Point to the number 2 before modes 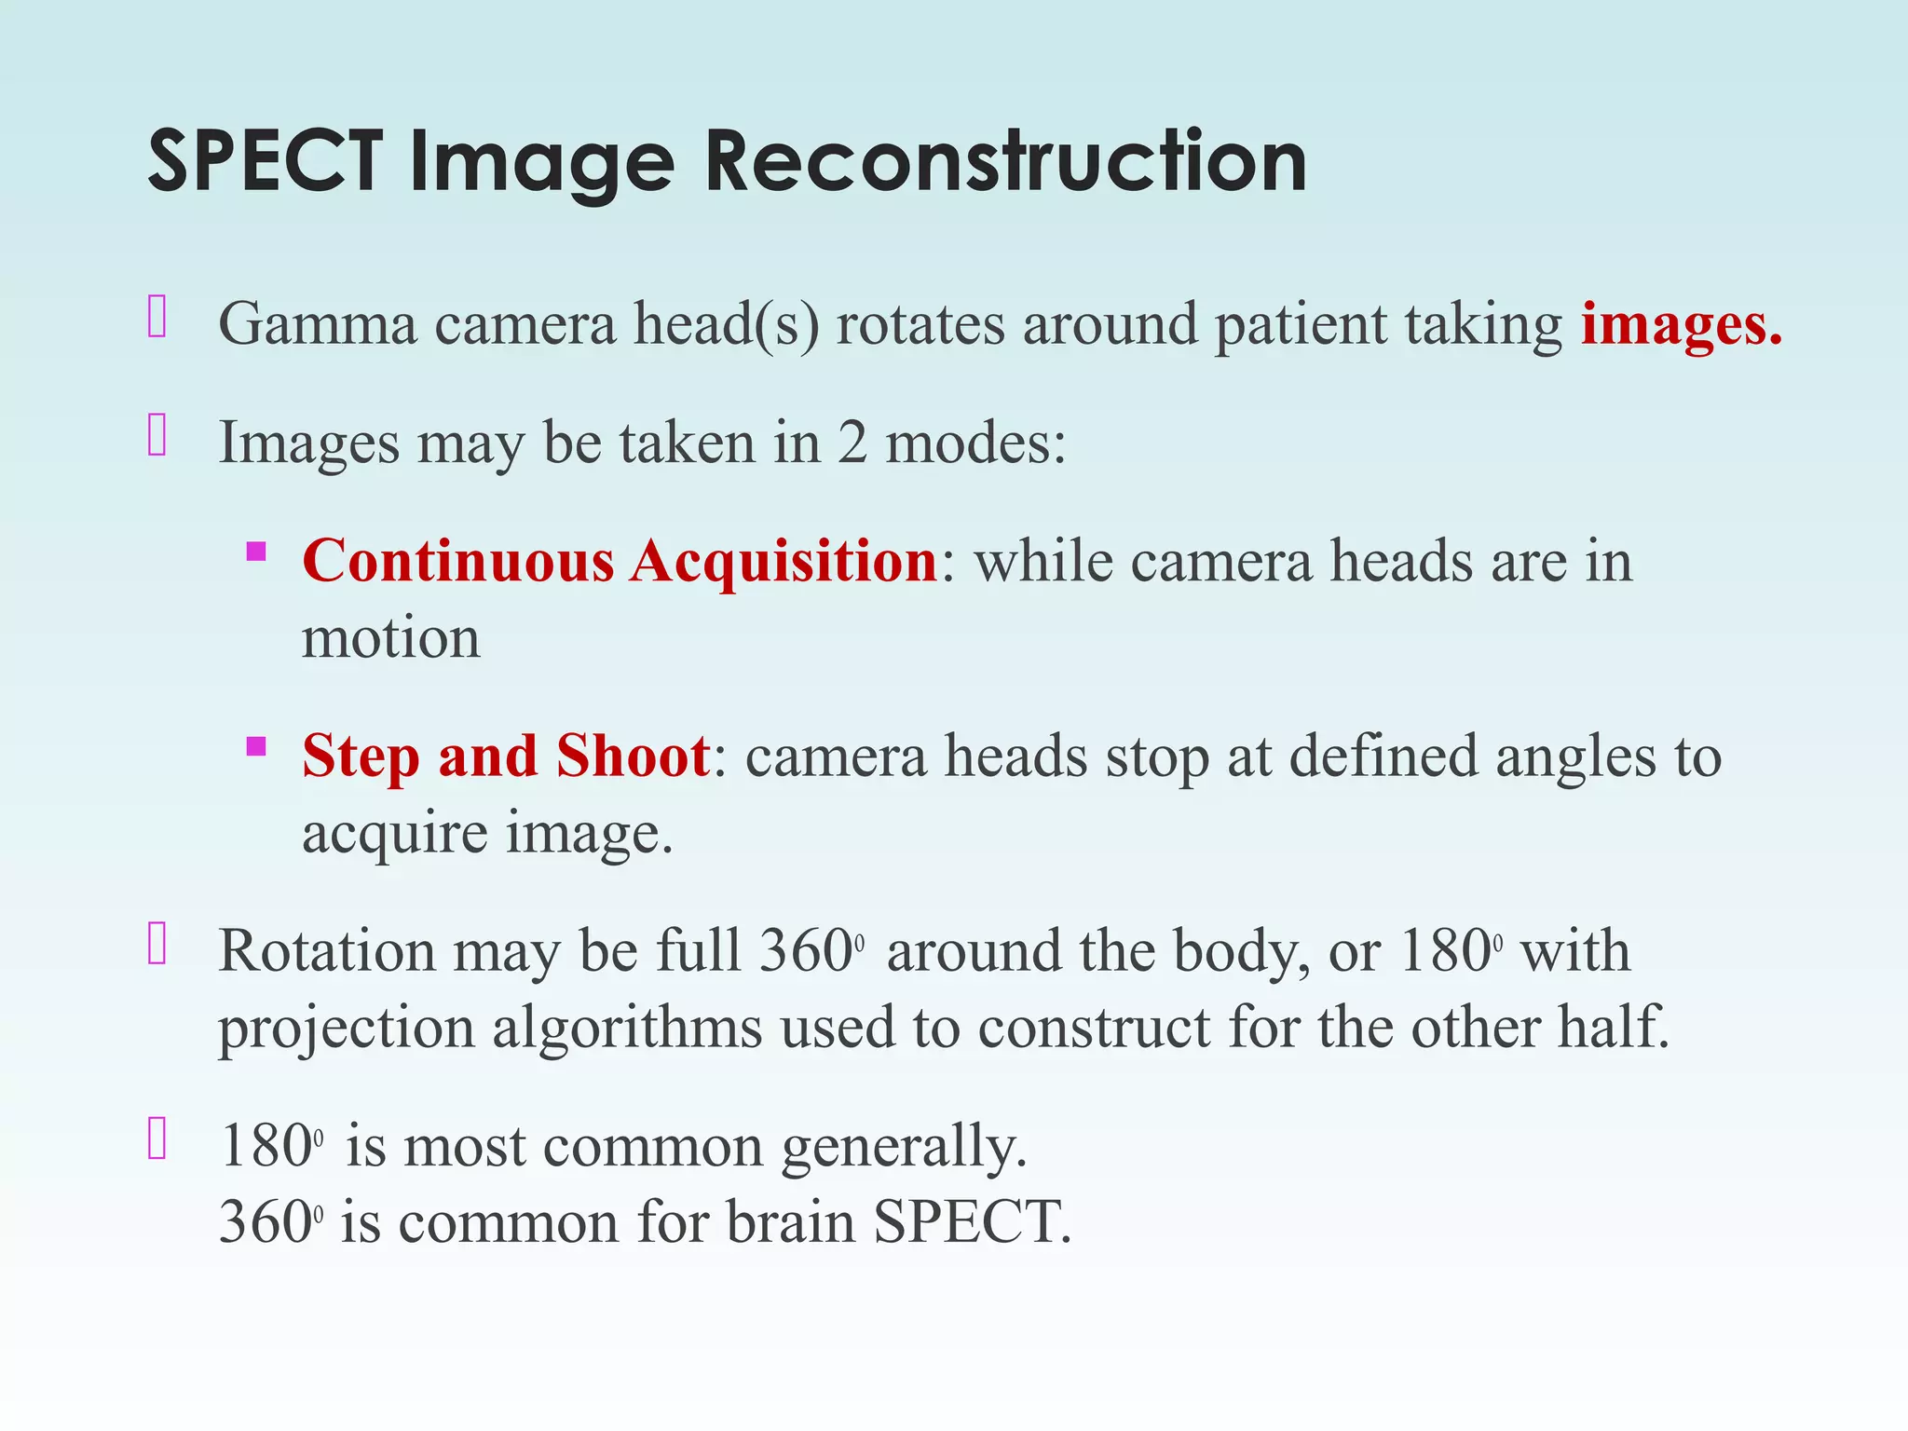[852, 443]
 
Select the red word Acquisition [784, 561]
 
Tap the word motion [391, 639]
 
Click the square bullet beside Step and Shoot [256, 746]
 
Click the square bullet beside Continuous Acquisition [256, 552]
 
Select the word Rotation [327, 951]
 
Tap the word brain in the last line [791, 1222]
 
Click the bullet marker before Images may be [157, 435]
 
